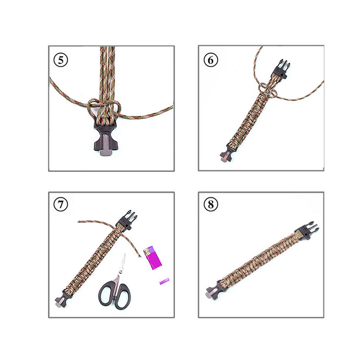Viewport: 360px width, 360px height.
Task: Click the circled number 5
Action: tap(61, 60)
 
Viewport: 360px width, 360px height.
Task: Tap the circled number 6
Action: tap(211, 60)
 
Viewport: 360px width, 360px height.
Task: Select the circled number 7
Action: tap(61, 204)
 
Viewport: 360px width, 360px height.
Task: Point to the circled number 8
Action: tap(211, 204)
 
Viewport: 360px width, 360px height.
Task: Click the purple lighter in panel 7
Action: tap(152, 257)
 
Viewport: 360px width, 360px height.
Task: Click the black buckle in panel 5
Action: tap(105, 139)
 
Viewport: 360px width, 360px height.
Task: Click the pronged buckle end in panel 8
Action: tap(307, 230)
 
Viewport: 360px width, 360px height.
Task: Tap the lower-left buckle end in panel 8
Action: tap(213, 291)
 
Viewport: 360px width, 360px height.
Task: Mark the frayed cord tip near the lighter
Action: tap(139, 257)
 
